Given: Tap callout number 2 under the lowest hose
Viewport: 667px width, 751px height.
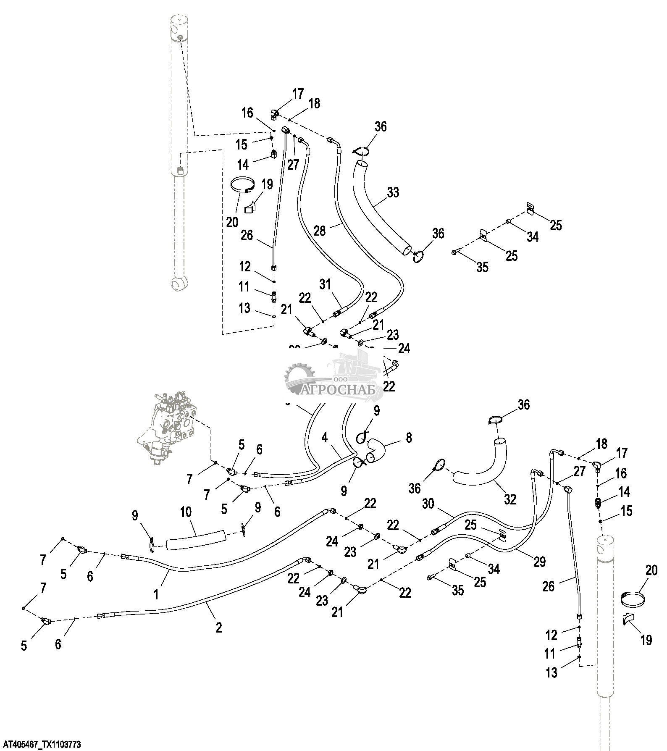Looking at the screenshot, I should pyautogui.click(x=218, y=628).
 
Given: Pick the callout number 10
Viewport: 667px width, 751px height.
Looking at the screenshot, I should pyautogui.click(x=186, y=512).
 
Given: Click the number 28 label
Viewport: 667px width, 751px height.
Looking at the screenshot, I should pyautogui.click(x=320, y=231).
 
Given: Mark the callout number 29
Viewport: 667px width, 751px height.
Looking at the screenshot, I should pyautogui.click(x=539, y=561).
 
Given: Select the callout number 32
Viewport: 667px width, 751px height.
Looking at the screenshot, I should pyautogui.click(x=510, y=499).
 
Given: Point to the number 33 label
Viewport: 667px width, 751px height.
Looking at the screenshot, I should pyautogui.click(x=393, y=192).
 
